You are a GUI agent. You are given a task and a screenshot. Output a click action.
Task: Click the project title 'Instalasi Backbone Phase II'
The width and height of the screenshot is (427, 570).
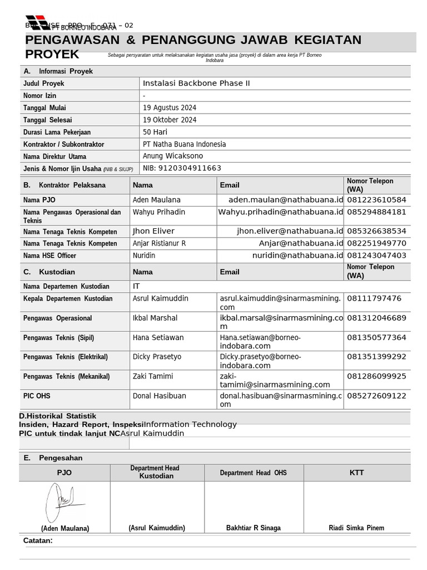tap(196, 83)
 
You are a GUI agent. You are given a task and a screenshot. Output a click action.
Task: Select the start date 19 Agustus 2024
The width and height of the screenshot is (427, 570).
tap(170, 108)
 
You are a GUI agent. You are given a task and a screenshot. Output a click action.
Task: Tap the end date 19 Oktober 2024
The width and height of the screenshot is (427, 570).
tap(170, 120)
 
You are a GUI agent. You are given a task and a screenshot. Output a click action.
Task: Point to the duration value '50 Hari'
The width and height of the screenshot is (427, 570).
tap(155, 132)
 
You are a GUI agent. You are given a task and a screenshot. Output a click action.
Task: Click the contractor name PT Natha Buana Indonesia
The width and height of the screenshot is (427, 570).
tap(184, 145)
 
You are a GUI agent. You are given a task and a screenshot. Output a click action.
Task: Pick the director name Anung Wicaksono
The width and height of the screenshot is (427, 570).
tap(173, 156)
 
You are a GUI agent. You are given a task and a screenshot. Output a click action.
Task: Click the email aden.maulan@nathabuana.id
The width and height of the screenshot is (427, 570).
tap(286, 200)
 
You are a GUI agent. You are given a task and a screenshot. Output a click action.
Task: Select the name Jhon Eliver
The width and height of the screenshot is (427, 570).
tap(153, 231)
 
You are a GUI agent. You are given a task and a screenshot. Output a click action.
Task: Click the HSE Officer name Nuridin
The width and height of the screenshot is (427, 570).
tap(144, 255)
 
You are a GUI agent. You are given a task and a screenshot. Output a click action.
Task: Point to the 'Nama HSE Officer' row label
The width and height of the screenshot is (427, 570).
tap(50, 256)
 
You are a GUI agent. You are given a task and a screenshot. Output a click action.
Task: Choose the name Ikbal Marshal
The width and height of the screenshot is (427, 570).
tap(155, 318)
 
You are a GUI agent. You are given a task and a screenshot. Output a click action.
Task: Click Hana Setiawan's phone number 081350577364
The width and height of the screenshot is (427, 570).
tap(376, 338)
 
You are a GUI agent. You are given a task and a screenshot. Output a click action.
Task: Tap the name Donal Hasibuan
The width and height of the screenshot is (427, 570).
tap(160, 396)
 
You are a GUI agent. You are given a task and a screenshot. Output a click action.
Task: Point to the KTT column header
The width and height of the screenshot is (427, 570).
tap(357, 473)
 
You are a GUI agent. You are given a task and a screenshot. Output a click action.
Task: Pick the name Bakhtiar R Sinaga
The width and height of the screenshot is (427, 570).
tap(254, 528)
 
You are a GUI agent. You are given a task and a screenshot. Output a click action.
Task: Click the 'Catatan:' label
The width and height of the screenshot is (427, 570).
tap(38, 540)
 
